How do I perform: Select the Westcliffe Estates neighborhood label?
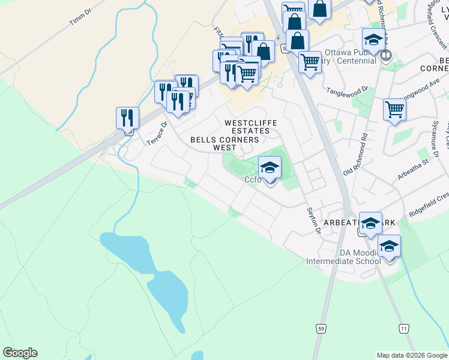pyautogui.click(x=251, y=127)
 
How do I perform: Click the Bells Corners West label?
pyautogui.click(x=224, y=143)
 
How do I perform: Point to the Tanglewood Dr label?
pyautogui.click(x=347, y=91)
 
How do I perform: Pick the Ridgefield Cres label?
pyautogui.click(x=429, y=206)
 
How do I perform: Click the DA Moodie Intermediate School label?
pyautogui.click(x=343, y=257)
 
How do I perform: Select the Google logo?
pyautogui.click(x=20, y=353)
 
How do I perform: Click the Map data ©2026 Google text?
pyautogui.click(x=412, y=355)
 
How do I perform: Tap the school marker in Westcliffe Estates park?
pyautogui.click(x=270, y=167)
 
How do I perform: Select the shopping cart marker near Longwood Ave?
pyautogui.click(x=394, y=109)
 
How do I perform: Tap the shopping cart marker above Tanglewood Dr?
pyautogui.click(x=310, y=61)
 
